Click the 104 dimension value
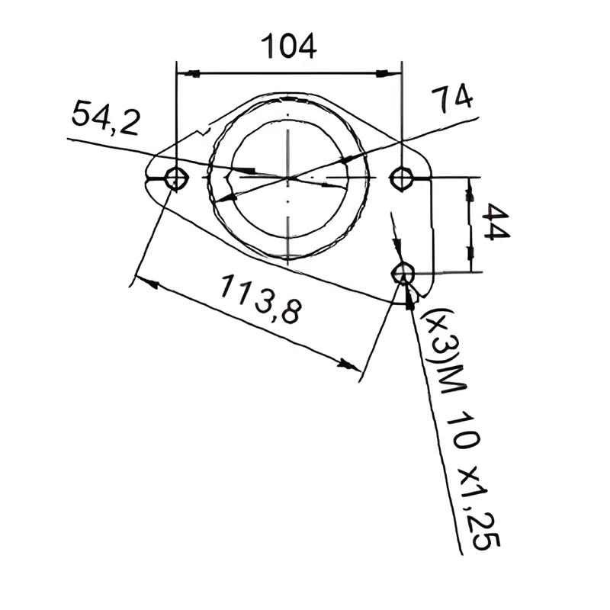pyautogui.click(x=288, y=47)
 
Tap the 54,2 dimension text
pyautogui.click(x=105, y=117)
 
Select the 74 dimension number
pyautogui.click(x=452, y=99)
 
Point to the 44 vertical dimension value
pyautogui.click(x=495, y=222)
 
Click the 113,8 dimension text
pyautogui.click(x=261, y=298)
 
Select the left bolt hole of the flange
pyautogui.click(x=176, y=179)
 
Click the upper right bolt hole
pyautogui.click(x=402, y=178)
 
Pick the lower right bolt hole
pyautogui.click(x=403, y=274)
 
